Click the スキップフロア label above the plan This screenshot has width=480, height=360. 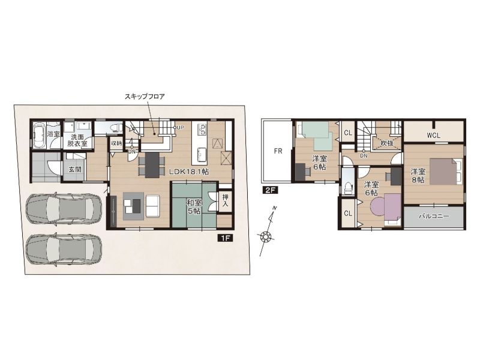pyautogui.click(x=145, y=97)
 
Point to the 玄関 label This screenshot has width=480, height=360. pyautogui.click(x=74, y=169)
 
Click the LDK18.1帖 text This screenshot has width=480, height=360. pyautogui.click(x=189, y=172)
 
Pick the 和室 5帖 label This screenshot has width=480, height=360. pyautogui.click(x=194, y=206)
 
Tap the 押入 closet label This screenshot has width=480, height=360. pyautogui.click(x=226, y=200)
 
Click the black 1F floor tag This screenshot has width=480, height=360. pyautogui.click(x=226, y=238)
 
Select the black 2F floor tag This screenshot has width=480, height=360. pyautogui.click(x=269, y=190)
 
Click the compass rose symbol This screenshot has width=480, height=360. pyautogui.click(x=265, y=236)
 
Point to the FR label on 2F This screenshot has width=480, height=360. pyautogui.click(x=278, y=151)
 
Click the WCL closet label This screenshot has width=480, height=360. pyautogui.click(x=434, y=135)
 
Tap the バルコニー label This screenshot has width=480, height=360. pyautogui.click(x=434, y=217)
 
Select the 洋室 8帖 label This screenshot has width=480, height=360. pyautogui.click(x=418, y=176)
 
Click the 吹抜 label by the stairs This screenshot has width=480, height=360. pyautogui.click(x=386, y=143)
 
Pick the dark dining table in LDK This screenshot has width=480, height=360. pyautogui.click(x=152, y=164)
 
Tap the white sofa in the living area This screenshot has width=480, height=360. pyautogui.click(x=152, y=206)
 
